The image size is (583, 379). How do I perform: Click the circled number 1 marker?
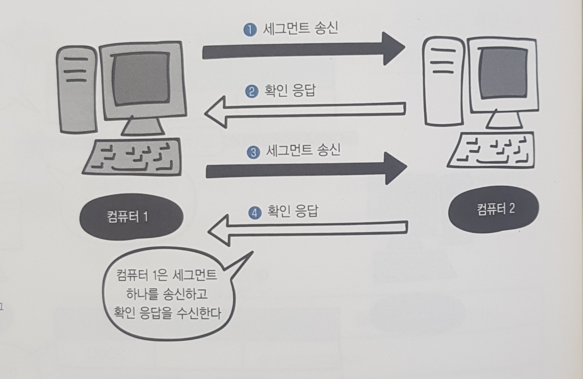click(x=250, y=30)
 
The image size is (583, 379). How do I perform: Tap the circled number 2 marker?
click(x=251, y=91)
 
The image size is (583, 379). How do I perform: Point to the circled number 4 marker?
click(x=255, y=213)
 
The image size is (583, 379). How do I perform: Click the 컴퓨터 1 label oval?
click(x=131, y=217)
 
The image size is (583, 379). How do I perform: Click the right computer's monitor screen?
click(x=504, y=73)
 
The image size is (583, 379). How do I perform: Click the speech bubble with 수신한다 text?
click(x=166, y=293)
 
